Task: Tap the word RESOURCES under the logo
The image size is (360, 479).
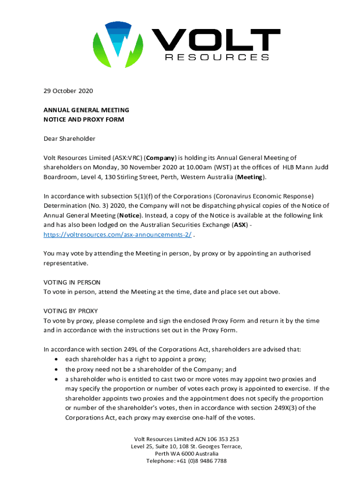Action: [217, 58]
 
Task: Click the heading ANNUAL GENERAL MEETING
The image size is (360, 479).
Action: [86, 110]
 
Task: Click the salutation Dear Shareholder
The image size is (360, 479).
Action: [69, 138]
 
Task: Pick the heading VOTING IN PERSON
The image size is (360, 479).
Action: [72, 283]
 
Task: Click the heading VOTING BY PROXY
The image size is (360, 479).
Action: [70, 311]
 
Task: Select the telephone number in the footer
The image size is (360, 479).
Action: [200, 461]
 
